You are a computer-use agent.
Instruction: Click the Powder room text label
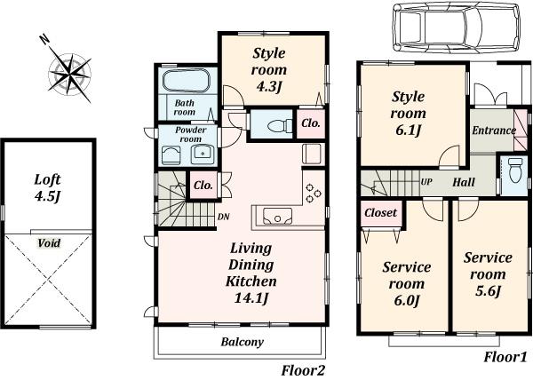tap(185, 134)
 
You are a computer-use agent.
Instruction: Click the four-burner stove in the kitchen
tap(314, 193)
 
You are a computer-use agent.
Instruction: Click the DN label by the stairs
tap(224, 215)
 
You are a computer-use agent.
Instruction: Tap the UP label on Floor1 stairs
tap(426, 182)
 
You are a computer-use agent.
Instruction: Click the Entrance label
tap(493, 131)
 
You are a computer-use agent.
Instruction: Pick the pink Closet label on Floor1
tap(381, 213)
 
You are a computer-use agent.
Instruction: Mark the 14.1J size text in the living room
tap(251, 297)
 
